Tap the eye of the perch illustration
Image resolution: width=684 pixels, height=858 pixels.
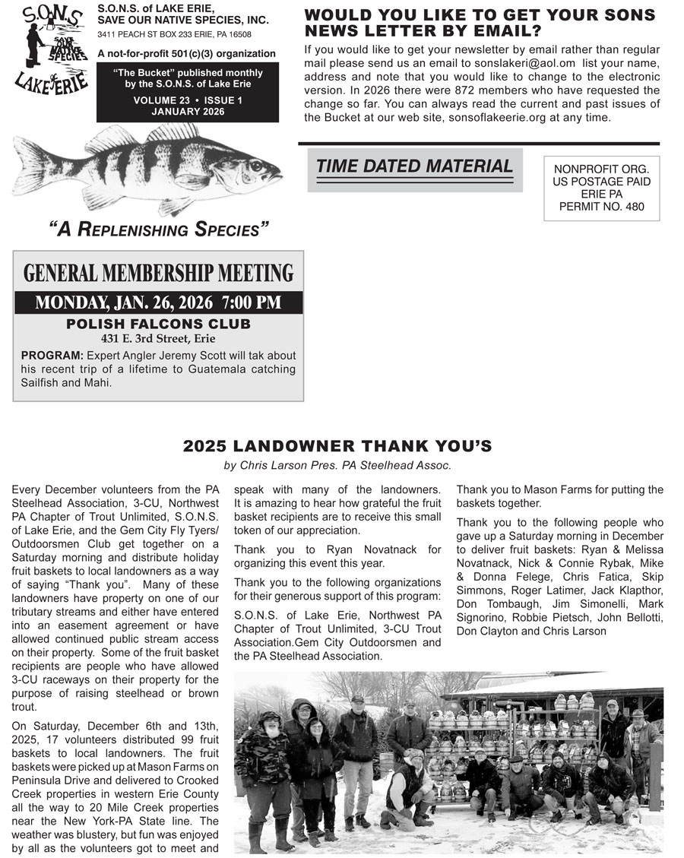point(256,165)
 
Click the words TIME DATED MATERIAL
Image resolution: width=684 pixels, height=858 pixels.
point(414,166)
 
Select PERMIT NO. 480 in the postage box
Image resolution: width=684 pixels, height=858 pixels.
point(601,206)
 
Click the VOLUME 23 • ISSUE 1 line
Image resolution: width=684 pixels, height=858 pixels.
point(187,100)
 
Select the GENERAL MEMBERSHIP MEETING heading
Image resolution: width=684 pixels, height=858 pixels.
point(158,274)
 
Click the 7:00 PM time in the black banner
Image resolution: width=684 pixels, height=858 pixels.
point(252,302)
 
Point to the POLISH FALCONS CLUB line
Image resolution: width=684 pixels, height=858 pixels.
point(158,325)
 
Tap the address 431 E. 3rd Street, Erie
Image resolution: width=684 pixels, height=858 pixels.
point(158,339)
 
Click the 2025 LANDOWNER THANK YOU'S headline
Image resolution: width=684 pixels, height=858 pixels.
point(337,446)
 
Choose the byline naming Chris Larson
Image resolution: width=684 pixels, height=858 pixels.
point(337,465)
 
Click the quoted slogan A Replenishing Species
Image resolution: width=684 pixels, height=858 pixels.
point(159,230)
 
